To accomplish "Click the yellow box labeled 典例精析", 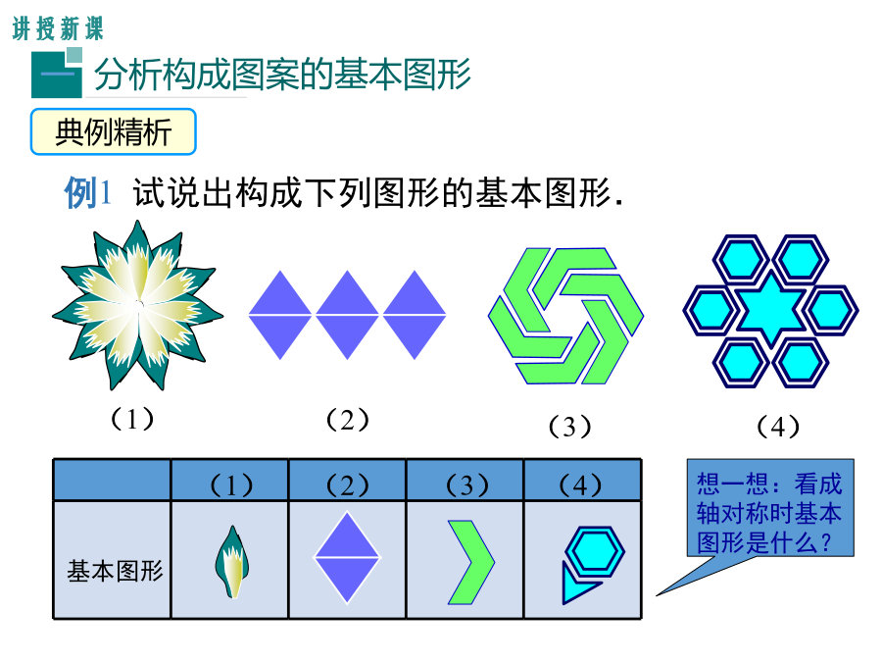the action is tap(113, 131).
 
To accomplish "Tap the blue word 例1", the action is tap(87, 193).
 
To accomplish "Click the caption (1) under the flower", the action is tap(132, 419).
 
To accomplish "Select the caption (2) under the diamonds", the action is tap(348, 420).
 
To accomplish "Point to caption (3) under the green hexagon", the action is tap(569, 427).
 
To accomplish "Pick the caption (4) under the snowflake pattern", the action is tap(778, 427).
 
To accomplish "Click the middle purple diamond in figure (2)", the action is tap(347, 315).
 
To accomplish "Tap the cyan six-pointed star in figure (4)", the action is tap(770, 309).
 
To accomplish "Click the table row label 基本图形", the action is tap(115, 571).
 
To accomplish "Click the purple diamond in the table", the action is tap(347, 557).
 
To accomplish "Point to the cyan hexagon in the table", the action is tap(595, 551).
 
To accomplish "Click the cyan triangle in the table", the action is tap(576, 586).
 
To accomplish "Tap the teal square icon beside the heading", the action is tap(57, 74).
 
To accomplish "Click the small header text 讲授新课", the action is tap(58, 28).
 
